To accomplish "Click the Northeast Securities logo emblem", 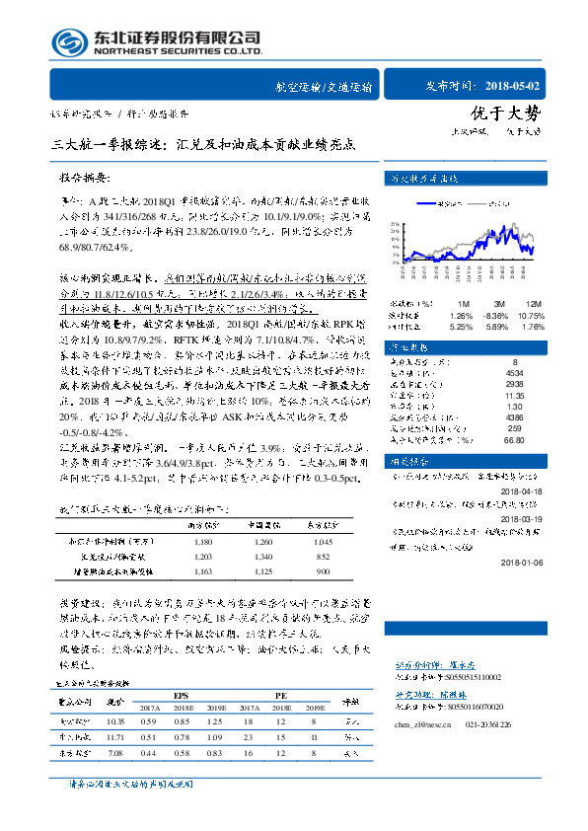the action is pos(70,41).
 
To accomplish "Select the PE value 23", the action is pos(252,737).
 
